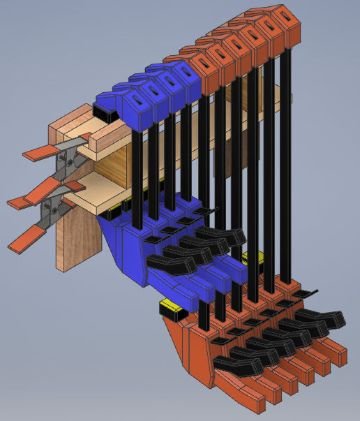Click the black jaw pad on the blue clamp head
[x=102, y=110]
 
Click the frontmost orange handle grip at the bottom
[x=244, y=394]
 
